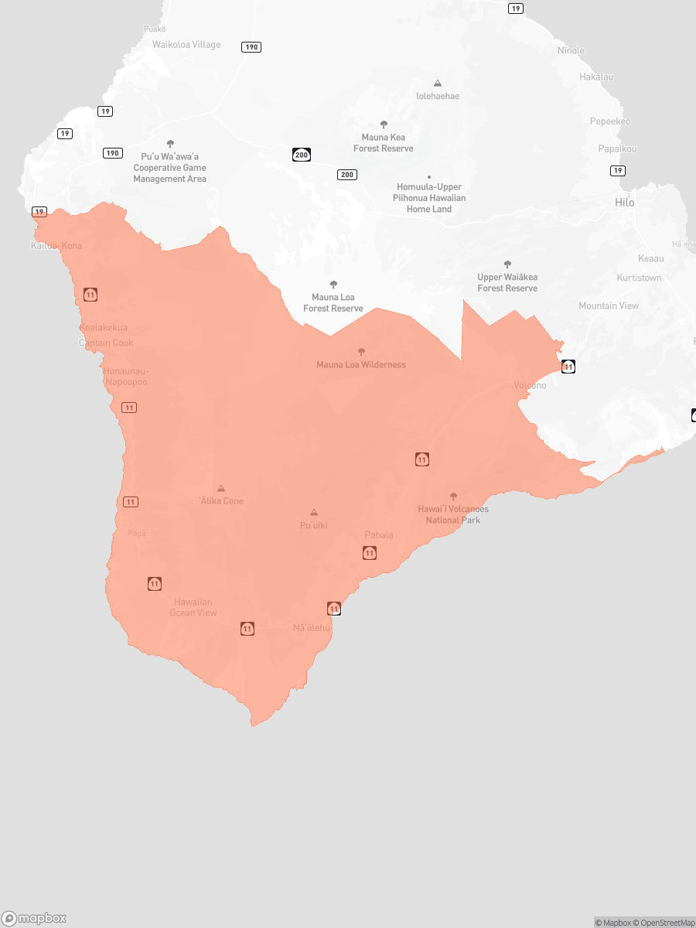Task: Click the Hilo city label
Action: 624,203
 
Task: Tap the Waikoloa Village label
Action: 186,45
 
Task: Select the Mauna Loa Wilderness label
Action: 360,364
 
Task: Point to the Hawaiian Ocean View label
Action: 193,607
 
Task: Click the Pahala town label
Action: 379,535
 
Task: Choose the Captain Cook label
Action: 106,343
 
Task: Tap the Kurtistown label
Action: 639,278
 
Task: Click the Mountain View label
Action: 609,305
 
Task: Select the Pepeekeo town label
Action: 610,121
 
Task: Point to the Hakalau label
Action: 596,77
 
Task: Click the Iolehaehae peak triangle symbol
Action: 438,83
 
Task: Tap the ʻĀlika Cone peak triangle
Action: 221,488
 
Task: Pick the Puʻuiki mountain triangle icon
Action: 313,512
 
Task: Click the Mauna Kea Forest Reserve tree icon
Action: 384,124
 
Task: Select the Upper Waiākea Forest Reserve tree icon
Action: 507,264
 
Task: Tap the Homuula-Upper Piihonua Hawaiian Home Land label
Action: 429,198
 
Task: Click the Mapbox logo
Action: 34,918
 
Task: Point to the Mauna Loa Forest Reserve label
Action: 333,302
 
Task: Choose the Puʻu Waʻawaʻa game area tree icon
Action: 170,143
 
